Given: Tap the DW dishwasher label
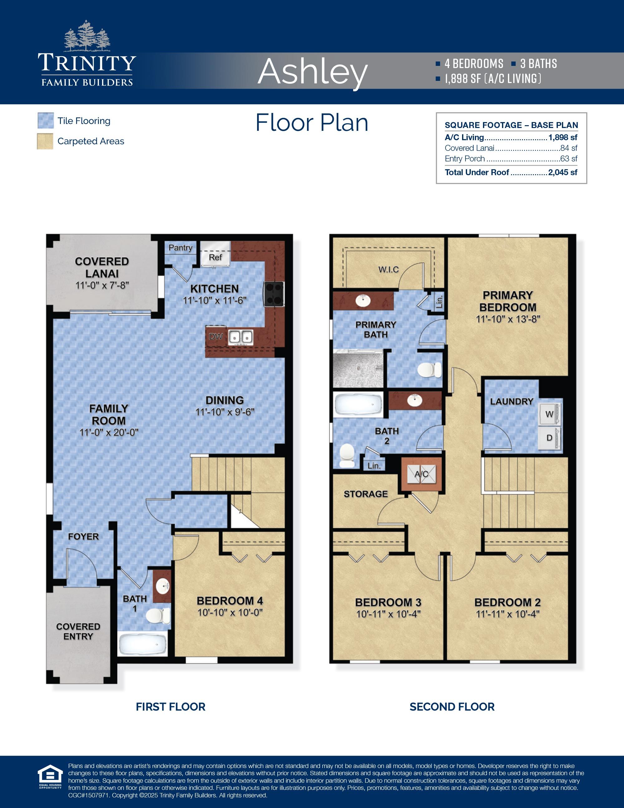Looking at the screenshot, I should pos(216,337).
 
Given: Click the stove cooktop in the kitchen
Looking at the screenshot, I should pos(274,294).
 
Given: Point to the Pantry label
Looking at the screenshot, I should pos(180,248).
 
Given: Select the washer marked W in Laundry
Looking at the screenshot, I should pos(550,414).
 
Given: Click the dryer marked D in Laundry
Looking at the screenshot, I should pos(550,438).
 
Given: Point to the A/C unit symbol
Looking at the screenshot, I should pos(422,474).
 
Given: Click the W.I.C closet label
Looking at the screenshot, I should pos(388,269).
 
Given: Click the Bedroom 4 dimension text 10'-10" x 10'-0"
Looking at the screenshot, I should pos(230,612).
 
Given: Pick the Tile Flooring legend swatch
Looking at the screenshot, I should pos(46,121).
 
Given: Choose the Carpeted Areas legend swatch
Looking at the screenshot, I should pos(46,141).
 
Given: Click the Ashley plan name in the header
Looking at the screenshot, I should pos(312,71).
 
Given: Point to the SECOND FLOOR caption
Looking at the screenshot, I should pos(452,707).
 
